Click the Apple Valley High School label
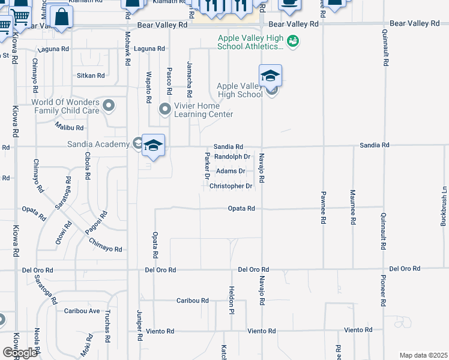coord(240,90)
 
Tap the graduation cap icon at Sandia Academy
coord(153,146)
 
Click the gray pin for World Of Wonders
coord(109,106)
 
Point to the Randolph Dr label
coord(232,157)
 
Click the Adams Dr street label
coord(231,171)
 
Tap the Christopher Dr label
coord(231,186)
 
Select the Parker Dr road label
coord(206,166)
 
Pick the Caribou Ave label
coord(82,311)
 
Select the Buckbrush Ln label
coord(444,207)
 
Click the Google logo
coord(20,353)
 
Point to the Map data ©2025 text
coord(423,355)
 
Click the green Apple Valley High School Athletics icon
coord(292,41)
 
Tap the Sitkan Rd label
coord(91,76)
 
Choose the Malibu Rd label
coord(70,127)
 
